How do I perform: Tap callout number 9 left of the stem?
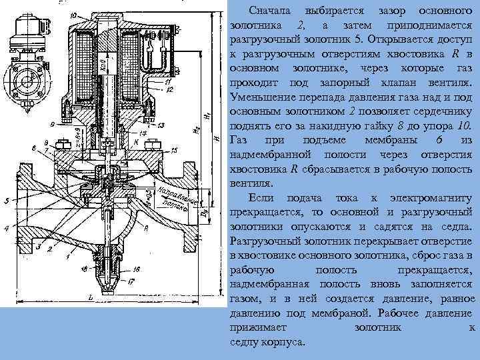pos(52,124)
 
